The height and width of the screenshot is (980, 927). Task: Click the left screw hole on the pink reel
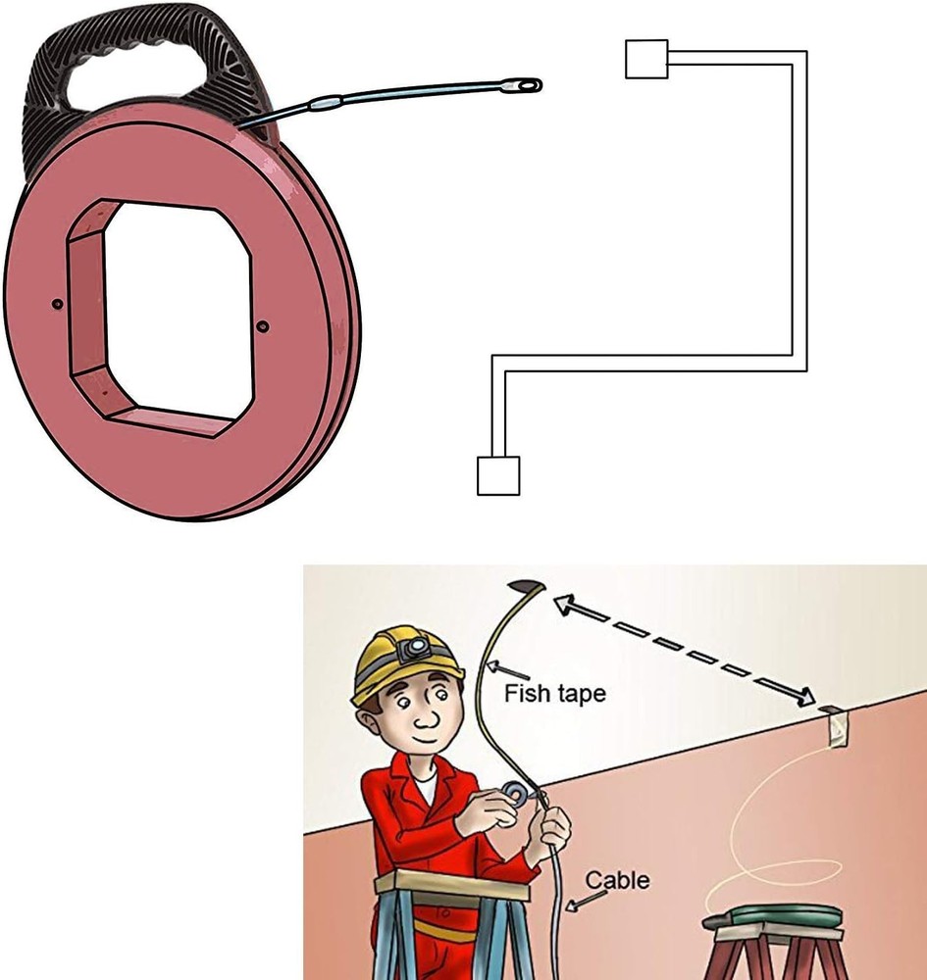pos(57,305)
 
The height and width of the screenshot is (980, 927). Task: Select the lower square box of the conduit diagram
pos(497,475)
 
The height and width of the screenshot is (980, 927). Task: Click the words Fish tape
pos(554,694)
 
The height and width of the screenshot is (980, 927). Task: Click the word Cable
pos(617,879)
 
